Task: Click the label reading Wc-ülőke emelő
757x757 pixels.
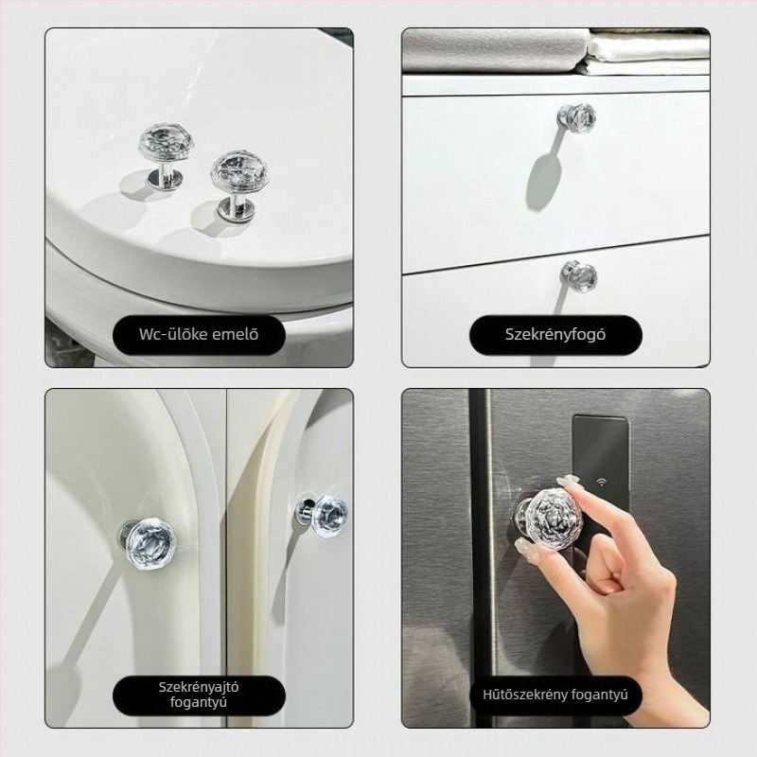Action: point(199,334)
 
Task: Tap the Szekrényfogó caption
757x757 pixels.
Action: point(555,334)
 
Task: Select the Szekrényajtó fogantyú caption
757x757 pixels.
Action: point(199,695)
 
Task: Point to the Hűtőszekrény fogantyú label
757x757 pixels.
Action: point(555,695)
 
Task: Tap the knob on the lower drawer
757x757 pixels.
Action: point(579,276)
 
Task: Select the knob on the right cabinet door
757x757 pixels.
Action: point(323,513)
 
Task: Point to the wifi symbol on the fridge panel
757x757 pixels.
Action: point(602,483)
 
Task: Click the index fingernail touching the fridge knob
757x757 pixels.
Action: point(568,481)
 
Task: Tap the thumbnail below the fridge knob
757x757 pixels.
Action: point(523,547)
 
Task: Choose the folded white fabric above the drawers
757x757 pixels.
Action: point(648,53)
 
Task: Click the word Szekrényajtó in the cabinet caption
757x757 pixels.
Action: point(199,687)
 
